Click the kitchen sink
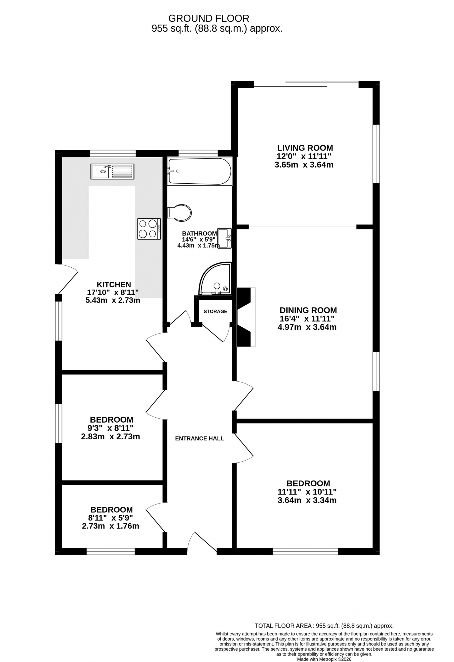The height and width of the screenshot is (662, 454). pos(112,171)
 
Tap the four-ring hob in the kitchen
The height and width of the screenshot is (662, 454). pos(149,229)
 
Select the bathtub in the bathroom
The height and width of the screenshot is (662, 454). pos(199,171)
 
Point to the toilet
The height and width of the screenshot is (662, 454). pos(179,213)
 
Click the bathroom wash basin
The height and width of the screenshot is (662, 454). pos(224,238)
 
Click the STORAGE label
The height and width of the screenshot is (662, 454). pos(216,311)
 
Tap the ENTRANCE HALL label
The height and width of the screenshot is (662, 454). pos(199,438)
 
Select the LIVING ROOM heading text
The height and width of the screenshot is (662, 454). pos(305,148)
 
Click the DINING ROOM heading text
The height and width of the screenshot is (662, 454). pos(308,310)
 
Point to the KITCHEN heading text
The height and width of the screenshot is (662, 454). pos(114,284)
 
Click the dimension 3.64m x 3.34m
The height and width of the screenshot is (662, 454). pos(307,500)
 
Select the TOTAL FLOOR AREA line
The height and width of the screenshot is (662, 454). pos(324,626)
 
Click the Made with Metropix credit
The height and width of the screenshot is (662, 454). pos(324,659)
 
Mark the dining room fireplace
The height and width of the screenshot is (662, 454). pos(246,317)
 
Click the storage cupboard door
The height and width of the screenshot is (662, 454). pos(216,332)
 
